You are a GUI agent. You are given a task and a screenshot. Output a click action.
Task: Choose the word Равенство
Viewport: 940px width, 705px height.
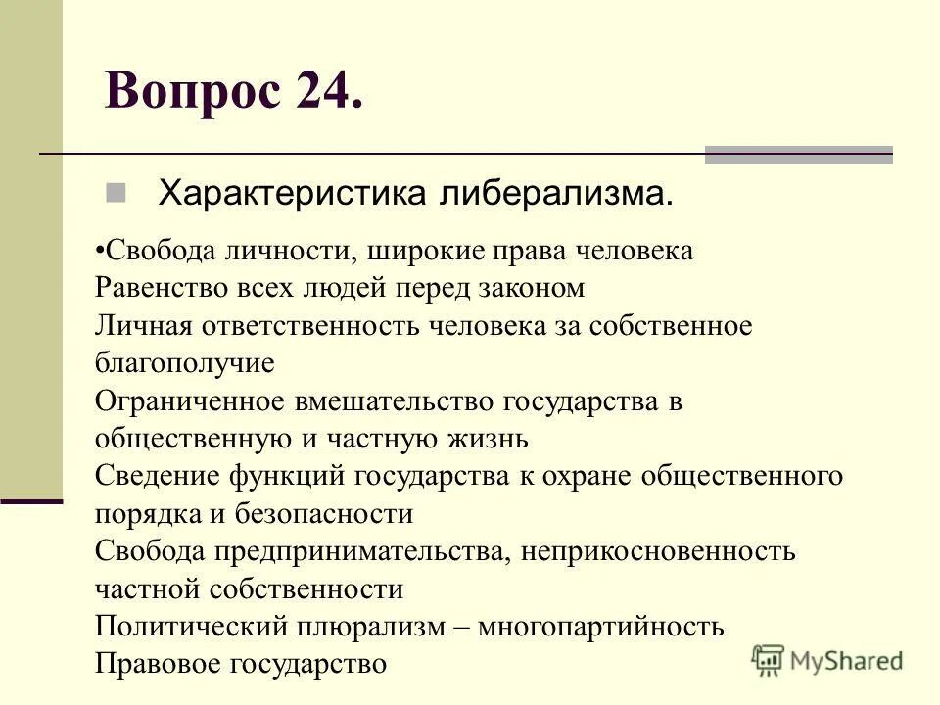click(159, 288)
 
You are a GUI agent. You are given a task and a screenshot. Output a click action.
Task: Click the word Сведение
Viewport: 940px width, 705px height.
click(157, 476)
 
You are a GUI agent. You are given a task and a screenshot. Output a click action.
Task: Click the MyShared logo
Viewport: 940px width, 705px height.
click(827, 659)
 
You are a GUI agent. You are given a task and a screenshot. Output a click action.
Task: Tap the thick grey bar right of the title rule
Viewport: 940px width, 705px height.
click(799, 155)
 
